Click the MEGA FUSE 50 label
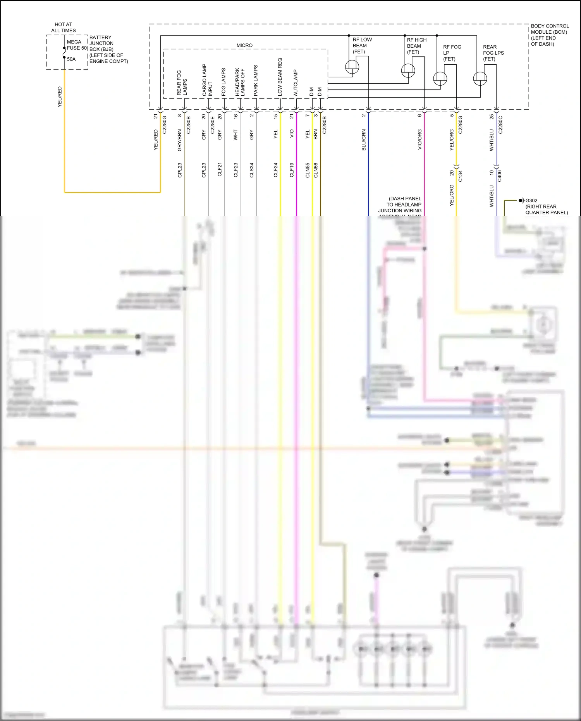tap(77, 45)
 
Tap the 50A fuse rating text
tap(71, 59)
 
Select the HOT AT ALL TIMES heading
tap(64, 28)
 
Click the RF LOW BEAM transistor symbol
tap(352, 67)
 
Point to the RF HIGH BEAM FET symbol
tap(408, 71)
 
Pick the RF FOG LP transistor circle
tap(440, 79)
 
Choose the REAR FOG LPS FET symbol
tap(480, 79)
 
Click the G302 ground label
tap(531, 201)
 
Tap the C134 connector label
tap(461, 176)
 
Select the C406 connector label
tap(500, 176)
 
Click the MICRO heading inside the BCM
tap(244, 45)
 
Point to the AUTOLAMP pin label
tap(296, 83)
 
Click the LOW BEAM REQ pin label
tap(280, 77)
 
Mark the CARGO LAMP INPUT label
tap(207, 80)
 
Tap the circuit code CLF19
tap(292, 170)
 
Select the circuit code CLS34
tap(252, 170)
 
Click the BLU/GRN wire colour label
tap(364, 140)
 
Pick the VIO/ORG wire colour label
tap(419, 140)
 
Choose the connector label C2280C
tap(500, 125)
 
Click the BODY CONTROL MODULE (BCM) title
tap(549, 35)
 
